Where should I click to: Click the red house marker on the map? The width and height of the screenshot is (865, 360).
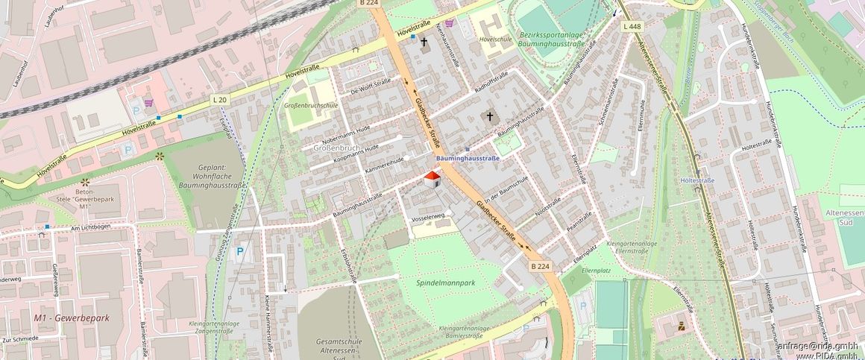pyautogui.click(x=432, y=178)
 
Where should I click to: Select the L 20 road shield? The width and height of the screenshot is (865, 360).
pyautogui.click(x=219, y=99)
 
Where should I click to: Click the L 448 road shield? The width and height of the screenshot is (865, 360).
pyautogui.click(x=631, y=27)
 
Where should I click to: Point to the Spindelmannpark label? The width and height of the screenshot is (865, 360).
pyautogui.click(x=445, y=282)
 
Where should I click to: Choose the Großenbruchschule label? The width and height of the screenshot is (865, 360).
pyautogui.click(x=311, y=105)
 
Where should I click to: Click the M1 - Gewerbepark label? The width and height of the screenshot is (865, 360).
pyautogui.click(x=72, y=318)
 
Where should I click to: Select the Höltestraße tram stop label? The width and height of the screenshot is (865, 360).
pyautogui.click(x=698, y=180)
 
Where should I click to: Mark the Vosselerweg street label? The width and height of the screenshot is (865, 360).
pyautogui.click(x=428, y=216)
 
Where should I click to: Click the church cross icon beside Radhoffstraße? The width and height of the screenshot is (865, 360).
pyautogui.click(x=490, y=116)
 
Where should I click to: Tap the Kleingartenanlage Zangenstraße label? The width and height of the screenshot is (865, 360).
pyautogui.click(x=215, y=328)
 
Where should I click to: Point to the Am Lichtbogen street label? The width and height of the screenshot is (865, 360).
pyautogui.click(x=89, y=227)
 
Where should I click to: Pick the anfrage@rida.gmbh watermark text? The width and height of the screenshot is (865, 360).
pyautogui.click(x=818, y=346)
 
